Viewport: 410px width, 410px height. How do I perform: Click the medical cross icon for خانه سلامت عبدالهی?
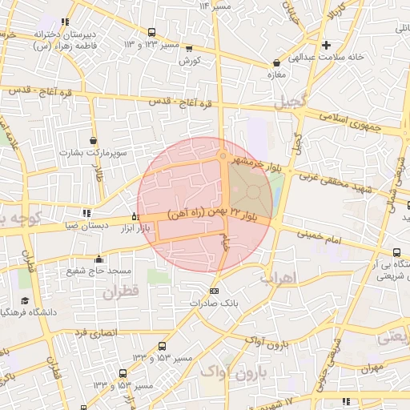pos(326,44)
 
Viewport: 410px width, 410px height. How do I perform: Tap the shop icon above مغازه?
pos(276,62)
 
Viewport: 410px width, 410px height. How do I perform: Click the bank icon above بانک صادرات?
pos(213,291)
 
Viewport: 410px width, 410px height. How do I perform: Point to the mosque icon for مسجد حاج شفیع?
pos(98,259)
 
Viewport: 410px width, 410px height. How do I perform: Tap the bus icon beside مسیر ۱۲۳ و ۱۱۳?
pos(152,33)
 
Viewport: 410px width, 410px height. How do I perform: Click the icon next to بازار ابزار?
pos(135,217)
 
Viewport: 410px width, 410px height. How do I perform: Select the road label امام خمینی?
pos(325,238)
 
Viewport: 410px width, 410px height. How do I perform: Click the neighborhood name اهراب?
pos(279,278)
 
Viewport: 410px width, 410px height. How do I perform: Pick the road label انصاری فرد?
pos(96,332)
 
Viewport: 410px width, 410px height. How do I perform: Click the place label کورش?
pos(189,61)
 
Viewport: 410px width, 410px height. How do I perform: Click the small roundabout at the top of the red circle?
pos(223,157)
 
